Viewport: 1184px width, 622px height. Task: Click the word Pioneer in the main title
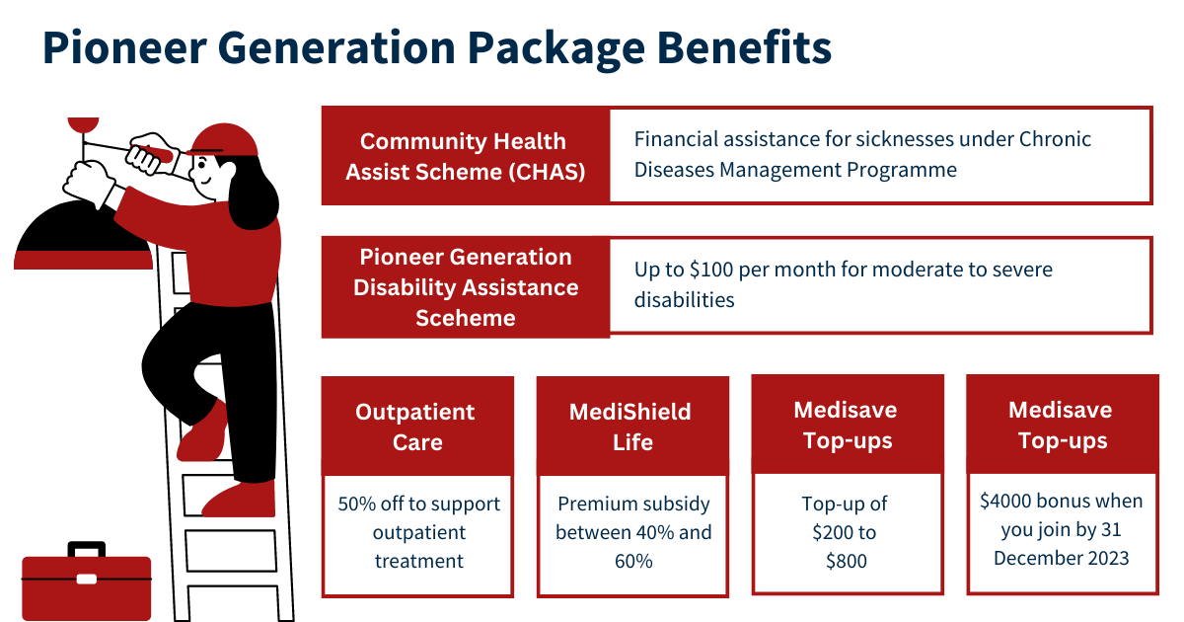124,48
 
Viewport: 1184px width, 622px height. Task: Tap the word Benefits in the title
744,48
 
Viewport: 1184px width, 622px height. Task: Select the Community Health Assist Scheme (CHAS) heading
465,157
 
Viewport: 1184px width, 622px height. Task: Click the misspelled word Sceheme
465,318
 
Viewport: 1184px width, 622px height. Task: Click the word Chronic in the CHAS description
1055,139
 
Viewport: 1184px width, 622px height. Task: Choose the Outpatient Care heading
415,427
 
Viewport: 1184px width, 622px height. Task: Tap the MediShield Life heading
630,427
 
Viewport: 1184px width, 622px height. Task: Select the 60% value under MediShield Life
633,561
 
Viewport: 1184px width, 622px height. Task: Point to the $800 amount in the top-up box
847,561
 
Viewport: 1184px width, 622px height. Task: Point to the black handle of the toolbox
87,548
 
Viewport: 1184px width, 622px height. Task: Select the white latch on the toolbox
87,580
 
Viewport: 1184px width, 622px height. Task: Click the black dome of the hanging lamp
81,226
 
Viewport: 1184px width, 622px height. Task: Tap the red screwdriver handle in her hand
152,153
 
